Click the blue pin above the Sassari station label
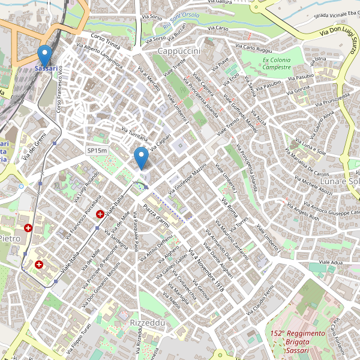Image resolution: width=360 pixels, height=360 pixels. click(x=44, y=56)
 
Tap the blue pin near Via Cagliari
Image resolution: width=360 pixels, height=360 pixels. click(x=141, y=158)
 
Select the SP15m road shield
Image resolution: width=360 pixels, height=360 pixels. click(x=97, y=151)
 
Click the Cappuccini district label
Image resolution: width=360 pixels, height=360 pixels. click(x=179, y=52)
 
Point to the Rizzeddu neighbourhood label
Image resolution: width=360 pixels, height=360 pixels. click(x=147, y=323)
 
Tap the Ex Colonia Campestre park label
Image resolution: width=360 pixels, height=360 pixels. click(x=277, y=64)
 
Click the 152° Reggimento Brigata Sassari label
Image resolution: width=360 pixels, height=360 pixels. click(x=297, y=341)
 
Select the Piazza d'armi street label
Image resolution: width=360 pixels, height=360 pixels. click(x=155, y=215)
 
